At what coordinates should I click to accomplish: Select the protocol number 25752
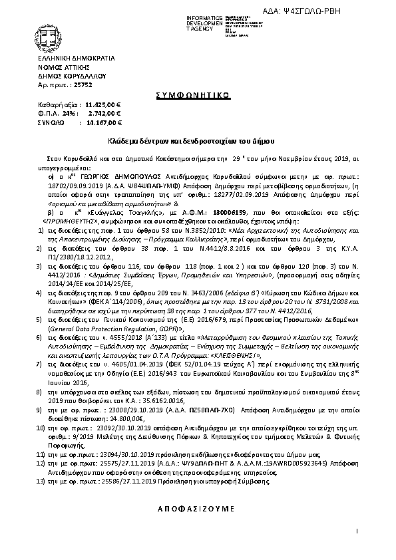[82, 86]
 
